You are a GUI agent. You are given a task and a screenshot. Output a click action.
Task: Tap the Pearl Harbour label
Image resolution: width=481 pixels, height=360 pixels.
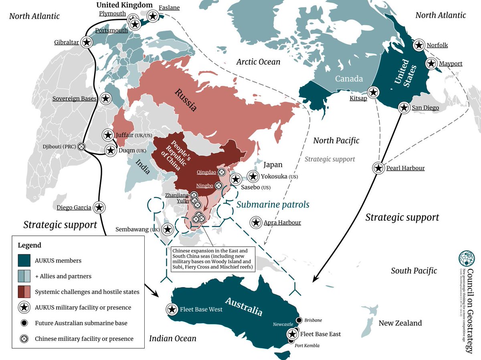point(405,168)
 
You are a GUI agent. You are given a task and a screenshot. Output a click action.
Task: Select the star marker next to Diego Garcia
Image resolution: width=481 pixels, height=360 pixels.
point(100,207)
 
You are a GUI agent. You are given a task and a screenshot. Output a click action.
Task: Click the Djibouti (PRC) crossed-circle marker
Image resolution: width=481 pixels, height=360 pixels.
point(82,147)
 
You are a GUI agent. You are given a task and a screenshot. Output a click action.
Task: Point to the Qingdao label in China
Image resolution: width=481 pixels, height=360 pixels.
point(206,172)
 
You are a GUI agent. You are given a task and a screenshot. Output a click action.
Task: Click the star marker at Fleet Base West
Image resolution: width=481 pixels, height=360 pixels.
point(172,309)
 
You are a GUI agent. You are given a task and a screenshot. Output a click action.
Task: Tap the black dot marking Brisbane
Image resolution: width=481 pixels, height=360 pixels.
point(299,320)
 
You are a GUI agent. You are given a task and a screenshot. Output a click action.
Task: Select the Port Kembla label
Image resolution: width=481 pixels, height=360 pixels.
point(307,346)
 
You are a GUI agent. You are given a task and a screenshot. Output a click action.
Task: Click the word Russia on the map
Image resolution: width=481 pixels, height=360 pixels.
point(185,100)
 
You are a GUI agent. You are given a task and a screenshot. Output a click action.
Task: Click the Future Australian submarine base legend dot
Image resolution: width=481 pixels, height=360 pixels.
point(24,323)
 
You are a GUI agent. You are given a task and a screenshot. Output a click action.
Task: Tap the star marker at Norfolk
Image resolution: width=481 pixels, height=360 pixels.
point(419,45)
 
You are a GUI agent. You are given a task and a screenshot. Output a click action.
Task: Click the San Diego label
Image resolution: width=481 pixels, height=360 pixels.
point(425,108)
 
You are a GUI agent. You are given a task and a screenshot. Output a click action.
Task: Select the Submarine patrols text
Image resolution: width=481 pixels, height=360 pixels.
point(273,205)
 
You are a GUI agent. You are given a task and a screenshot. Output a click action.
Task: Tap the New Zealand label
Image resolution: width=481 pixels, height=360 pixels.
point(400,323)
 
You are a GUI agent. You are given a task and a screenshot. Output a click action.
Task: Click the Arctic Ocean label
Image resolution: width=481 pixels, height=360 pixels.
point(258,62)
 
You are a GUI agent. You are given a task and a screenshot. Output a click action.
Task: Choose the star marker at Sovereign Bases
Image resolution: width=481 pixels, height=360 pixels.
point(106,98)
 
